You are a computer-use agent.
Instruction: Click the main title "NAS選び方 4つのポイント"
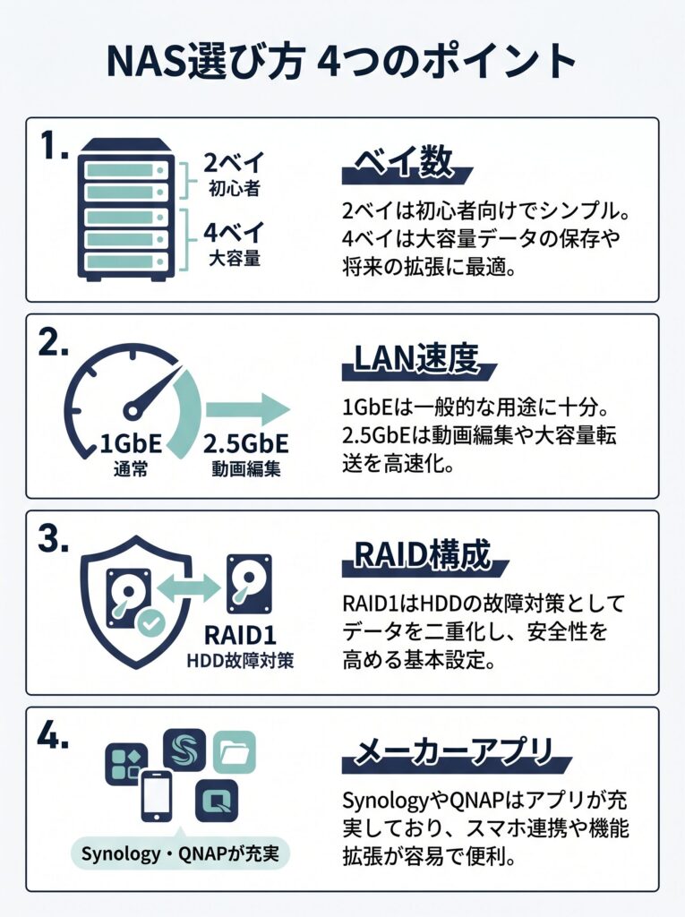coord(342,62)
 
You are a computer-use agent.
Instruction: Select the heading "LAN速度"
coord(416,358)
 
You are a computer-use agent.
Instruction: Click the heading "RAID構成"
coord(423,554)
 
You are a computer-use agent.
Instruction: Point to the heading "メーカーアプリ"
coord(454,751)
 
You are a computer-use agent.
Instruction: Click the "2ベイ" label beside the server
coord(235,162)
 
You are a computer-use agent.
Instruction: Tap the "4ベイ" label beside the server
coord(235,233)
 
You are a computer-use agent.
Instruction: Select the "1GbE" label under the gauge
coord(131,444)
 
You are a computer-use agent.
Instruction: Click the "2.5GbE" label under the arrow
coord(245,444)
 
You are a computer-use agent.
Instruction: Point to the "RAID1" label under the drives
coord(241,635)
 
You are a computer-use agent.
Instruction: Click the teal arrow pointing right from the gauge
coord(248,409)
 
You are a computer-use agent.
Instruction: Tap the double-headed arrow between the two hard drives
coord(185,587)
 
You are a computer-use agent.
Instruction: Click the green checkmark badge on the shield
coord(150,623)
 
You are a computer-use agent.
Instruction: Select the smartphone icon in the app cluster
coord(157,796)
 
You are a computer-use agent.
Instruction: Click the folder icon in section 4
coord(235,752)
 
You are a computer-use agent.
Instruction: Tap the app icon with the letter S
coord(184,750)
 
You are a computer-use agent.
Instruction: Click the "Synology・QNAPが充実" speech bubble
coord(180,853)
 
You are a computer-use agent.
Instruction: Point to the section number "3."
coord(54,539)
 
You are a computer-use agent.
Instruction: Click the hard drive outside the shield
coord(249,584)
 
